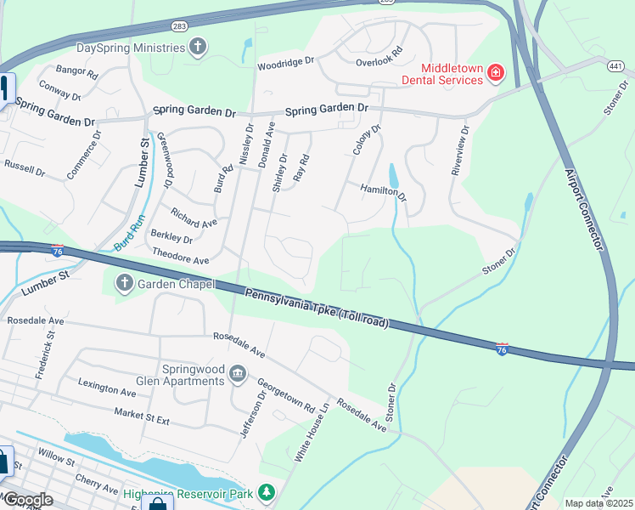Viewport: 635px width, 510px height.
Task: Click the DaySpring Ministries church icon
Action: pos(198,47)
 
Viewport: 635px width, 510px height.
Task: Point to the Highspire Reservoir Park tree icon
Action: pos(267,492)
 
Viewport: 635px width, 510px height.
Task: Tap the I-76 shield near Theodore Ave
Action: pos(57,251)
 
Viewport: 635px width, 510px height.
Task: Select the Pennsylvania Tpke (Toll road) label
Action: pos(317,308)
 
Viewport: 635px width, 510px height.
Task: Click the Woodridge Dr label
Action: pos(286,63)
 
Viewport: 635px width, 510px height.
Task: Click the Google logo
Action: pos(27,500)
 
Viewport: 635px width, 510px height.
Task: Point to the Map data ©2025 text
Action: pos(598,503)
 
